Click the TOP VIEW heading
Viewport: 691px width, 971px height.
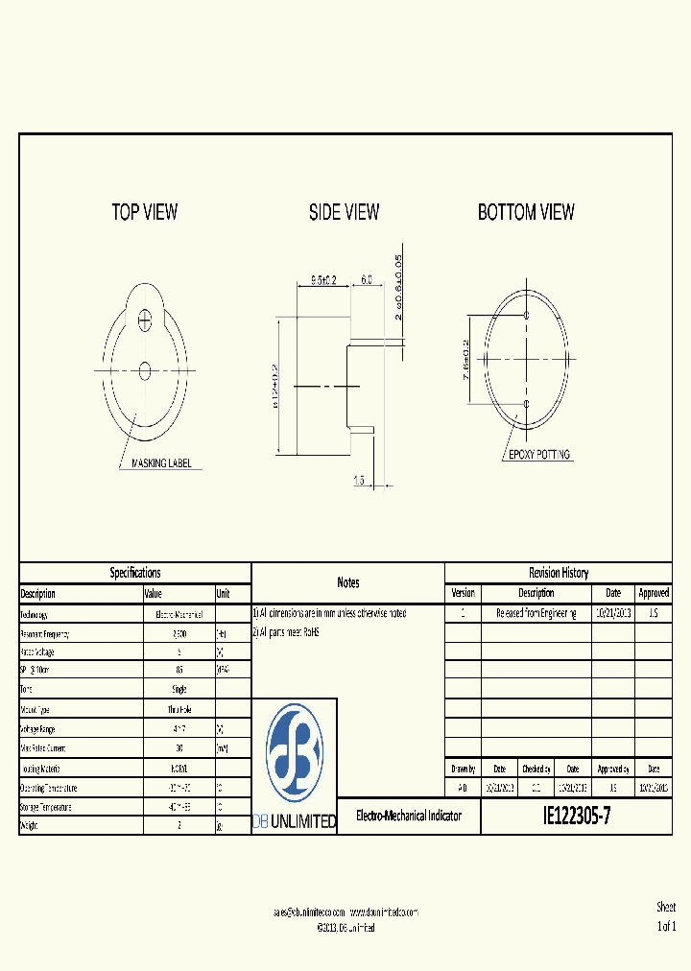point(145,212)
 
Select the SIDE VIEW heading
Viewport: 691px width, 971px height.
point(344,212)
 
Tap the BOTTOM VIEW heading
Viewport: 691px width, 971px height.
point(526,212)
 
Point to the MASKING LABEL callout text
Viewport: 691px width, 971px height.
point(161,463)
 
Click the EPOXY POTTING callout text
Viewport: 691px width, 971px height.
point(539,455)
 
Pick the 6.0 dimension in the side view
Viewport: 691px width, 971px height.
point(367,280)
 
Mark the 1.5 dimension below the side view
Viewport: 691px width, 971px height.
point(358,480)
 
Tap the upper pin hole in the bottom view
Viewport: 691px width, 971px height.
point(526,315)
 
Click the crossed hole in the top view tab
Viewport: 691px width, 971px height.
point(145,319)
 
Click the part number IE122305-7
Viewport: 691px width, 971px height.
point(577,817)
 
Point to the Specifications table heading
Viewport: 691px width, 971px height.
point(135,573)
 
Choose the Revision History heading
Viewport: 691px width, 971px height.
point(559,573)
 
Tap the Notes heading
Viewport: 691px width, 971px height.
point(348,582)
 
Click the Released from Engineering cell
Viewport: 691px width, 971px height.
point(536,613)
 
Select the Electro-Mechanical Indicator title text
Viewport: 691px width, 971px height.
point(409,817)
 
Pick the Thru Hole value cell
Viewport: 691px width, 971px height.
point(179,708)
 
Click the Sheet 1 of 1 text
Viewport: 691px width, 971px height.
point(666,916)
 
